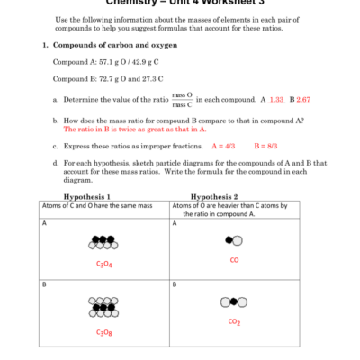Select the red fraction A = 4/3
point(222,145)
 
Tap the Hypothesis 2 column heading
point(214,196)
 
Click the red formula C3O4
point(104,264)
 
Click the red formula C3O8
point(104,332)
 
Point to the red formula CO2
point(234,321)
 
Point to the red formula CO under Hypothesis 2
point(234,260)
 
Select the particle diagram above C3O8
point(104,310)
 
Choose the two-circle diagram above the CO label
point(234,240)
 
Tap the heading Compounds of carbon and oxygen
point(115,44)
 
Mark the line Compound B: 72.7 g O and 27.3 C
point(112,78)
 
